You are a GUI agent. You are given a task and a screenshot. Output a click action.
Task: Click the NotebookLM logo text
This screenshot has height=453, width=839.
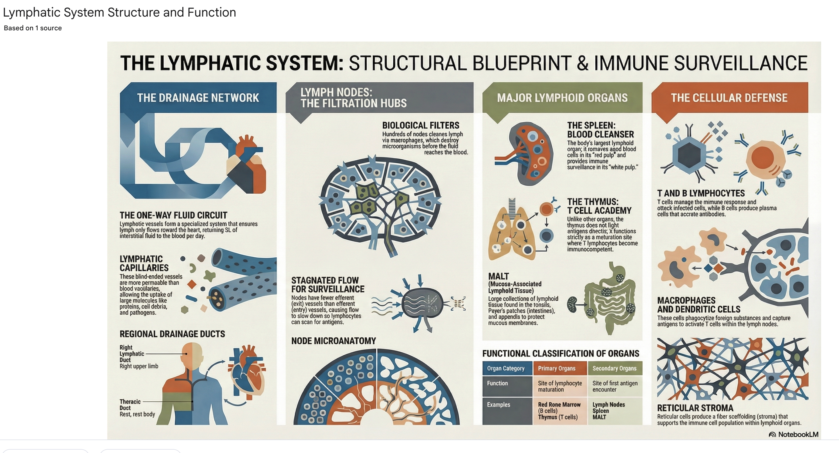(x=798, y=434)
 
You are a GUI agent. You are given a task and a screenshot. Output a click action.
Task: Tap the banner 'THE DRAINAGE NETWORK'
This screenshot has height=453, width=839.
(x=198, y=98)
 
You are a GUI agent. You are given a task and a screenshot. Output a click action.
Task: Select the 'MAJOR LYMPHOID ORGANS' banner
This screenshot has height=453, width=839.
(x=562, y=98)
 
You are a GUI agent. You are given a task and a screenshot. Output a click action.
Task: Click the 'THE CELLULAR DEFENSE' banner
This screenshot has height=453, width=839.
(x=729, y=98)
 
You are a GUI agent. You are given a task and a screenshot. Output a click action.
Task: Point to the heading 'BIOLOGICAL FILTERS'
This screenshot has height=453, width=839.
(x=420, y=125)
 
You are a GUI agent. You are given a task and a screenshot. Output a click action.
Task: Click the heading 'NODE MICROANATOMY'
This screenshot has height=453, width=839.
(x=333, y=341)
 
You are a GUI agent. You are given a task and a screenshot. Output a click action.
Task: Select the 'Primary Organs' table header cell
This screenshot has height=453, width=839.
(x=557, y=369)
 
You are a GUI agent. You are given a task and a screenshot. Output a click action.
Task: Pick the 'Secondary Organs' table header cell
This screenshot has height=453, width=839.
(x=614, y=369)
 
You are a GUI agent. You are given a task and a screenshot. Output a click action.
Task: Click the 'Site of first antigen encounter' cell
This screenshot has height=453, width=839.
(x=614, y=386)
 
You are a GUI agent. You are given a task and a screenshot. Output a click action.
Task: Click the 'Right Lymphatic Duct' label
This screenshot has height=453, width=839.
(x=132, y=354)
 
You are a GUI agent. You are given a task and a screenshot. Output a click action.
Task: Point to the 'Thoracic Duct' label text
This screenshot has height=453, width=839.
(x=130, y=404)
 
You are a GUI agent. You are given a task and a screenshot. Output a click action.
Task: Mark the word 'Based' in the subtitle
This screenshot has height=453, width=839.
(x=13, y=28)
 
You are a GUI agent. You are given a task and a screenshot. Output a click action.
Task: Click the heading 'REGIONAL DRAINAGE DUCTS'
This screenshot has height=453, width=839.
(x=172, y=334)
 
